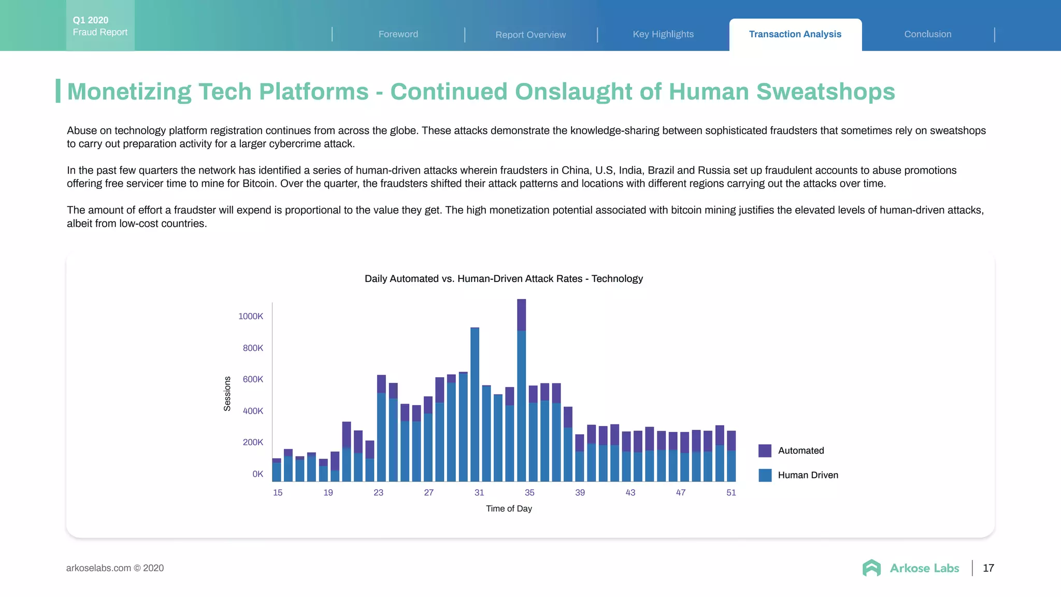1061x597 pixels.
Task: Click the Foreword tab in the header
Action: coord(398,34)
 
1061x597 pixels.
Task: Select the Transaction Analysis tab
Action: coord(795,34)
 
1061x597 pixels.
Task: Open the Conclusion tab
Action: coord(927,34)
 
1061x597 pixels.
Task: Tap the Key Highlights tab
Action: coord(663,34)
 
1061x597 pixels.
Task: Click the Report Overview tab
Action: coord(530,35)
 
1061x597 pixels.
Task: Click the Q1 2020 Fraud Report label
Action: coord(100,26)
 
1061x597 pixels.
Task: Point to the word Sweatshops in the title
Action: coord(825,92)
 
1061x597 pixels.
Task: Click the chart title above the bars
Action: coord(504,279)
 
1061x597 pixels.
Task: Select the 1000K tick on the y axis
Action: coord(251,316)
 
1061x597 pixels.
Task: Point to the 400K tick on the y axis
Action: coord(253,411)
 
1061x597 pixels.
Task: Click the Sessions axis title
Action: coord(227,394)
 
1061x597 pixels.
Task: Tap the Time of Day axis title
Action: coord(509,508)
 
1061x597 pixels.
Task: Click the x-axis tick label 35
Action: coord(529,492)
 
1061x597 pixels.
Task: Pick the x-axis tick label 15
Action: coord(278,492)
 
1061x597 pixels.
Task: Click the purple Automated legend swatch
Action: coord(765,450)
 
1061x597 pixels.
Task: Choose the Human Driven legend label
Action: coord(808,475)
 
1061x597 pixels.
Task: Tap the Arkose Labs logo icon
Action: coord(871,568)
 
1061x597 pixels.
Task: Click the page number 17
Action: coord(988,568)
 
